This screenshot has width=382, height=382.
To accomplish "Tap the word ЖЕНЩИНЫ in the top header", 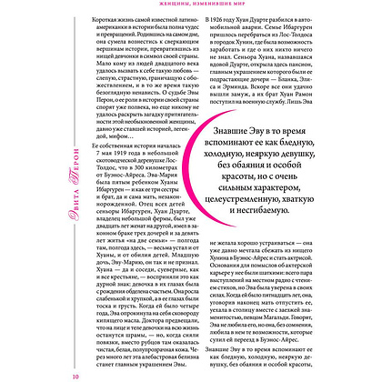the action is (x=160, y=4).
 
